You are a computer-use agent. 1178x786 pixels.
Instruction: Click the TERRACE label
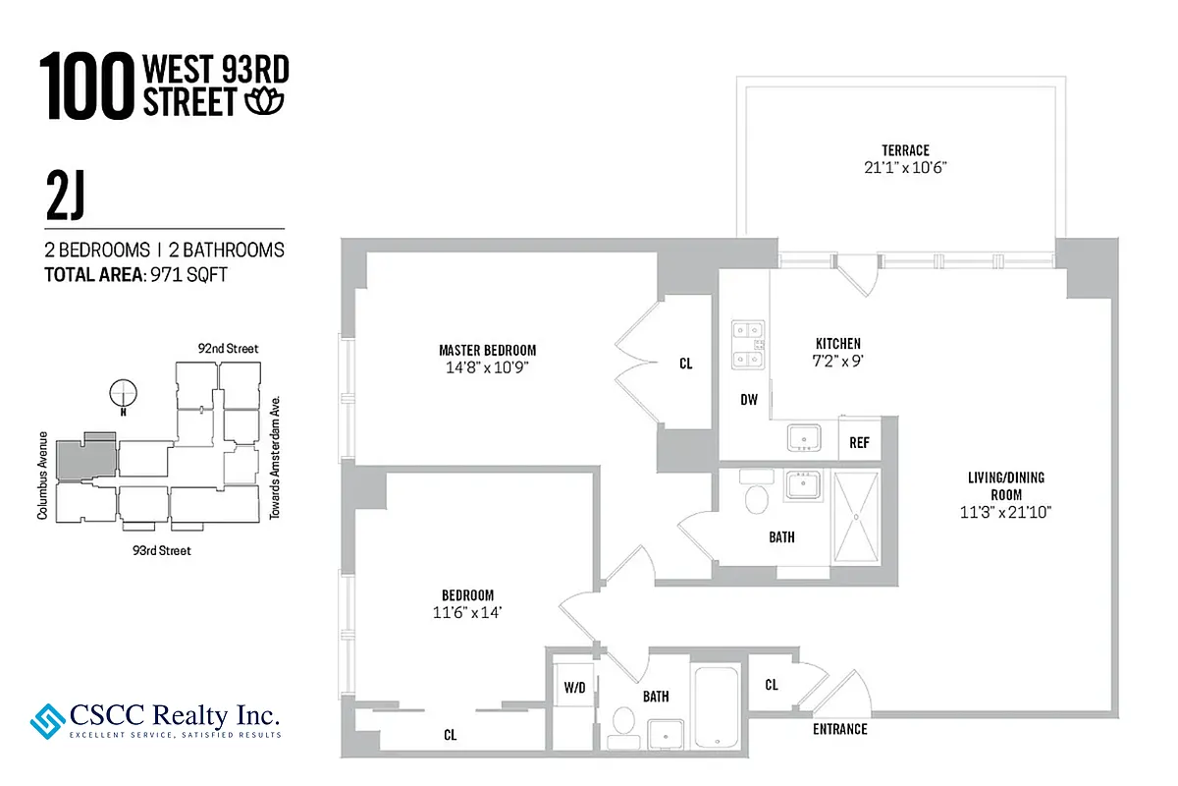(x=904, y=150)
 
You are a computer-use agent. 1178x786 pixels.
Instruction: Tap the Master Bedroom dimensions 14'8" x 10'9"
(x=487, y=368)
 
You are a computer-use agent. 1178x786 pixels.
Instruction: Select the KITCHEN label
(x=837, y=344)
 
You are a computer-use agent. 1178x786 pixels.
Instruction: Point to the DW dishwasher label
(x=748, y=400)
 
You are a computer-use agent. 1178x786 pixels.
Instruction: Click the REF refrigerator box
(x=859, y=443)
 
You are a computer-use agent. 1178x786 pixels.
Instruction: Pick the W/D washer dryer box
(x=574, y=687)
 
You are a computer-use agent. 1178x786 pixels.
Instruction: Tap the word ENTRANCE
(x=839, y=729)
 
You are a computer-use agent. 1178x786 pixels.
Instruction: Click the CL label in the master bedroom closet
(x=685, y=364)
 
